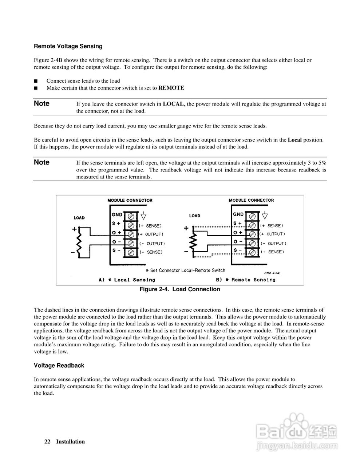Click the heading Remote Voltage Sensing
pos(68,46)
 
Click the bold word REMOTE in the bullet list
pos(171,88)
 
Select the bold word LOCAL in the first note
pos(174,104)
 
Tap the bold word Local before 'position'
pos(294,140)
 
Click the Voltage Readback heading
pos(59,366)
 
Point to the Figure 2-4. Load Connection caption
pos(180,289)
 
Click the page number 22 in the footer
pos(47,442)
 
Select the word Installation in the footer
pos(70,442)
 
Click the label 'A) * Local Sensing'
pos(127,280)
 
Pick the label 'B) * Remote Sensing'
pos(246,280)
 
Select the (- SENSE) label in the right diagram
pos(272,252)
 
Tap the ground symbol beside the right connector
pos(265,215)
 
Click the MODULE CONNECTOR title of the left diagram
pos(130,200)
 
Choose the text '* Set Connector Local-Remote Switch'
pos(185,270)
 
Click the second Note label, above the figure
pos(41,162)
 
